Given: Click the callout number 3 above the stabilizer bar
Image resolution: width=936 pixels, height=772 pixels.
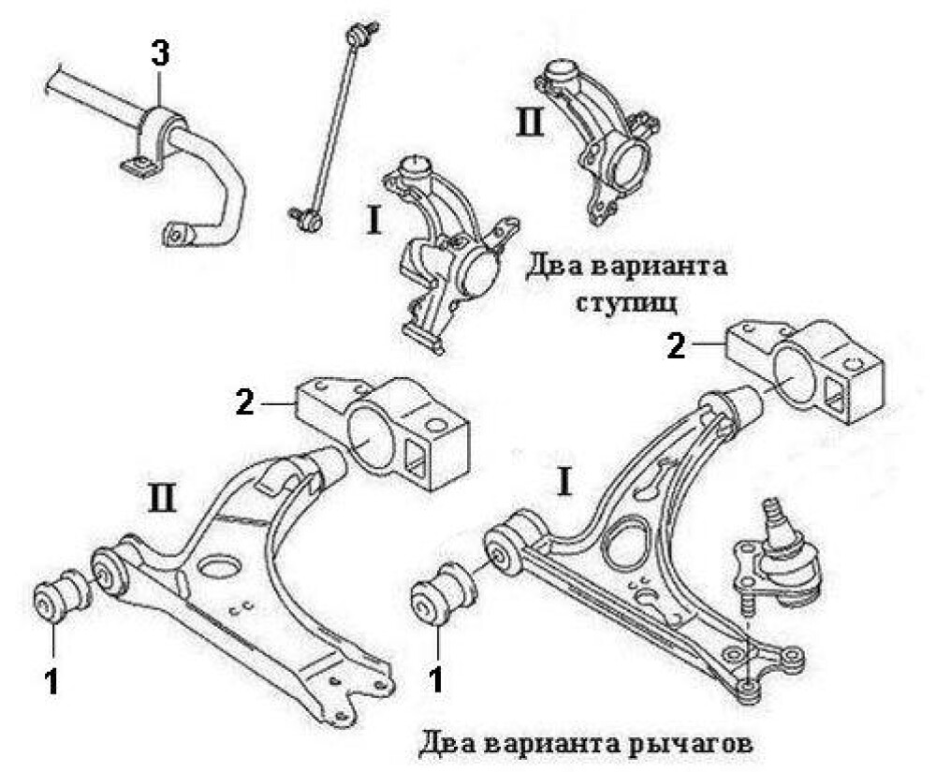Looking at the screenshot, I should (x=160, y=54).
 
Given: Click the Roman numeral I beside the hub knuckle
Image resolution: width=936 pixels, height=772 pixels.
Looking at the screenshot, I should (x=373, y=221).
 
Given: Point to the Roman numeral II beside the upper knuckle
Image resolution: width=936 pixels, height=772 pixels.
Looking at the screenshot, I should (x=530, y=123).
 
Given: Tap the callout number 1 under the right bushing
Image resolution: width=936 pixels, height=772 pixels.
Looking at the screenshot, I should (x=436, y=677).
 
